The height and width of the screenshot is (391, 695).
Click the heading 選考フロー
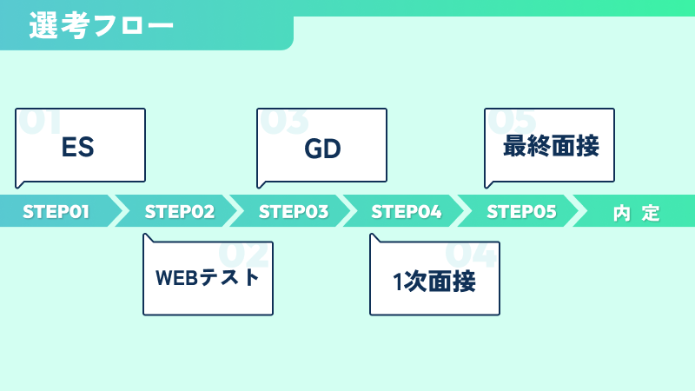[x=101, y=25]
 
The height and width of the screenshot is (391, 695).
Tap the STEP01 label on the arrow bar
[x=56, y=212]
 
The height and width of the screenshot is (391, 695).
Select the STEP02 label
[x=180, y=212]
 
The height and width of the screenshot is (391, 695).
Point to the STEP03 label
[x=294, y=212]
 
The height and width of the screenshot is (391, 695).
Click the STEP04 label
[x=407, y=212]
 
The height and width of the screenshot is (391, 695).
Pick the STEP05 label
[x=521, y=212]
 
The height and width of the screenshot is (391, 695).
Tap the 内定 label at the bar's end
[x=637, y=213]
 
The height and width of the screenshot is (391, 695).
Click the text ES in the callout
[x=77, y=147]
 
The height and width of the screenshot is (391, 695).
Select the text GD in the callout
[x=322, y=149]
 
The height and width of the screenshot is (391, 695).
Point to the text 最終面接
[x=551, y=146]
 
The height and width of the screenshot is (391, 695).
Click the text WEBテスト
[x=208, y=277]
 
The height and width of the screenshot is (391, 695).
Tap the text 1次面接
[x=434, y=281]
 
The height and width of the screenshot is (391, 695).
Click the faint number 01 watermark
[x=40, y=122]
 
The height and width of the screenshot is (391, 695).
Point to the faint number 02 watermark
[x=244, y=254]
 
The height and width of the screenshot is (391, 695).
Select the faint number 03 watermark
[x=284, y=122]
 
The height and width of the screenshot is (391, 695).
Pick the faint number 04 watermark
[x=471, y=254]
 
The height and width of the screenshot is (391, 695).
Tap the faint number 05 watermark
[x=512, y=122]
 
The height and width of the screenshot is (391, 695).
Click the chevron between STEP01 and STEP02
[x=119, y=210]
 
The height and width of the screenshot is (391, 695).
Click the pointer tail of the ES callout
[x=19, y=184]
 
